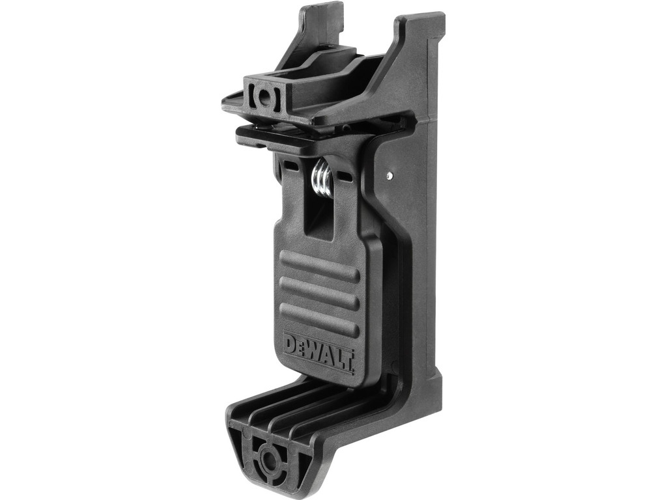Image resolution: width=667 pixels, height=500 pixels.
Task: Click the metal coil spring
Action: point(323,178)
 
